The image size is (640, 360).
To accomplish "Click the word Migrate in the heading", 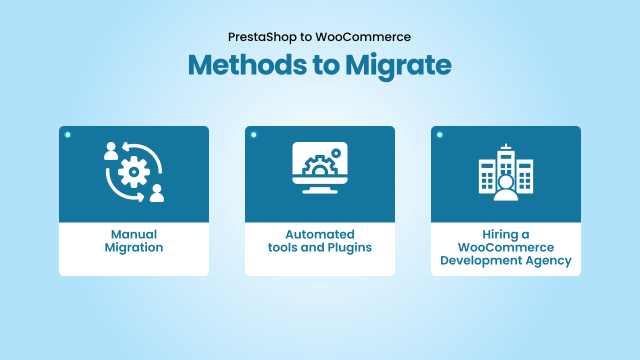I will (x=398, y=65).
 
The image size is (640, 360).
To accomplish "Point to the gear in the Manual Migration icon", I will (x=133, y=172).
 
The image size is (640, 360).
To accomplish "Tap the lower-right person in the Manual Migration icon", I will (x=157, y=193).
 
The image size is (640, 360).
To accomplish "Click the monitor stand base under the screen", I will (x=320, y=190).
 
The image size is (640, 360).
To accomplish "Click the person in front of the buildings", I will (x=506, y=188).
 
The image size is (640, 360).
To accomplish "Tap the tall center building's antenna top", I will (x=506, y=146).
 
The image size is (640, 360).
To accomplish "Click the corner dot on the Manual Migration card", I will (x=67, y=134).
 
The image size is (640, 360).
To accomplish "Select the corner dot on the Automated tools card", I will (x=253, y=134).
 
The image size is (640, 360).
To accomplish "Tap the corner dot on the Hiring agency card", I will (x=439, y=134).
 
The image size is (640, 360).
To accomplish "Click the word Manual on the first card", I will (x=134, y=234).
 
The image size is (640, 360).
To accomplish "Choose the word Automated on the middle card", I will (x=320, y=234).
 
